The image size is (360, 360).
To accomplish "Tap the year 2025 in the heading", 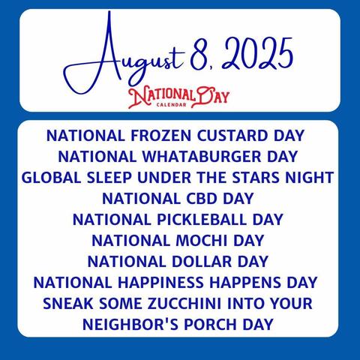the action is [x=257, y=54].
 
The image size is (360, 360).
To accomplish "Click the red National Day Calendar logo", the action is [x=178, y=97].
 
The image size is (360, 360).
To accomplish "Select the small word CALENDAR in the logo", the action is [x=172, y=105].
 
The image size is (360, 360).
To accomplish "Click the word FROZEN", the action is [x=161, y=136].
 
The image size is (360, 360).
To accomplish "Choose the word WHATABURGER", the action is [x=202, y=157].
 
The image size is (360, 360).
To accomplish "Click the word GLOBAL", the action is [x=52, y=178].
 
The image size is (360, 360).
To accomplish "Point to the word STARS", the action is [x=256, y=178].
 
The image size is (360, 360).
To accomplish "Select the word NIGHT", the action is [x=310, y=178].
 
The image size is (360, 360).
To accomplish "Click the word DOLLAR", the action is [x=202, y=262].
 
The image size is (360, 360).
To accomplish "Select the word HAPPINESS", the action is [x=160, y=283].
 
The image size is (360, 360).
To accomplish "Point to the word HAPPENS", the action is [x=245, y=283].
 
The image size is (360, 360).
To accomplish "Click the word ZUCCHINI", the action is [x=184, y=304].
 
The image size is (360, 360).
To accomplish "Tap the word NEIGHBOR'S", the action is [x=130, y=325].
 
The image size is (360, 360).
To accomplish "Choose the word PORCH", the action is [x=210, y=325].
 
